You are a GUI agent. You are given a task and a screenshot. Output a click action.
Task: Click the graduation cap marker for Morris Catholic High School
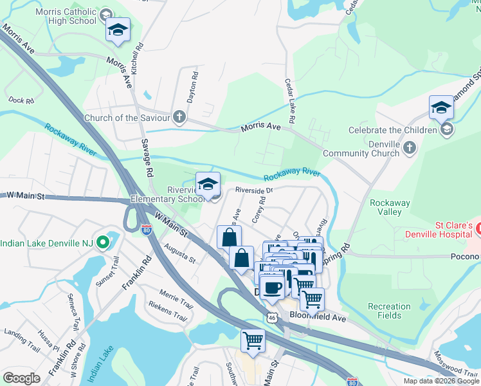tap(118, 30)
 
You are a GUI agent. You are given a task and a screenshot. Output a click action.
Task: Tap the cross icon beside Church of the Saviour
tap(179, 118)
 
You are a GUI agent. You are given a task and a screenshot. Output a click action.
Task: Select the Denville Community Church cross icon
tap(410, 149)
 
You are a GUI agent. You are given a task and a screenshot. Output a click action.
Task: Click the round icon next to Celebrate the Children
tap(447, 131)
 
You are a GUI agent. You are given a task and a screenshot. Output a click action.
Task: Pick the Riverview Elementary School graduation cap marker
tap(208, 185)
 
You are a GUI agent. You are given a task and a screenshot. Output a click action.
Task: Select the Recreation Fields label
tap(389, 311)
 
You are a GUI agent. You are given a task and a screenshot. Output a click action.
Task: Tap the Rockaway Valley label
tap(390, 207)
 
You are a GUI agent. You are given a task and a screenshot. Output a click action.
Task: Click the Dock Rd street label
tap(21, 100)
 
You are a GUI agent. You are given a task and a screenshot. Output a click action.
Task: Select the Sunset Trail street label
tap(107, 273)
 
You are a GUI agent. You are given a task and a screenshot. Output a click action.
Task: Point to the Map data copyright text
tap(440, 381)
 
